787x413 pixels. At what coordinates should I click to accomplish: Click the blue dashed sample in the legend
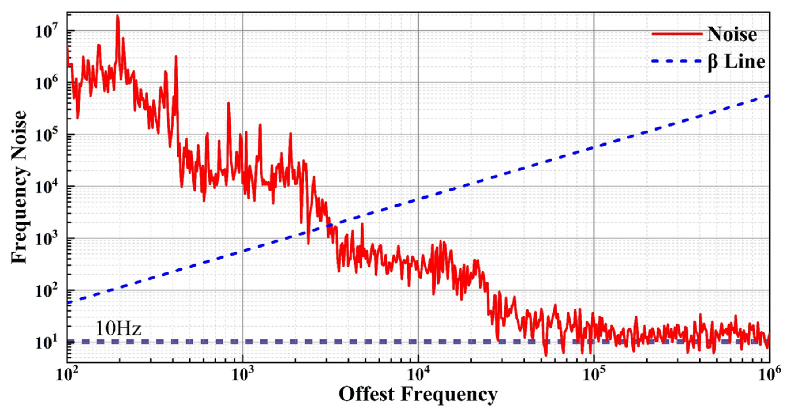point(677,62)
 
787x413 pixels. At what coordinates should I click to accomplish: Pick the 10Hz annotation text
point(118,329)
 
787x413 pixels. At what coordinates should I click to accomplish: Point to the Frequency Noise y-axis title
point(19,187)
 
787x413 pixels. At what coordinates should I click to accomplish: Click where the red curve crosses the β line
point(329,225)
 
